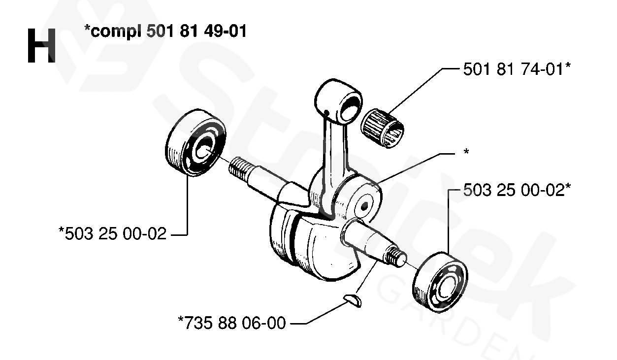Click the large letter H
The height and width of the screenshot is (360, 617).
[x=41, y=46]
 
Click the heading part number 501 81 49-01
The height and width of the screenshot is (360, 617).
[x=197, y=33]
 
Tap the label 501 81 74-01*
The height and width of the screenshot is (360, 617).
[x=517, y=70]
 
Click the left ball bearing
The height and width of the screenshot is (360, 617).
[x=196, y=143]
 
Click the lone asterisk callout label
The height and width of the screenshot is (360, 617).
[x=465, y=153]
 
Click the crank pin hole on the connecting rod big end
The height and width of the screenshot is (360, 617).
[x=365, y=203]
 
